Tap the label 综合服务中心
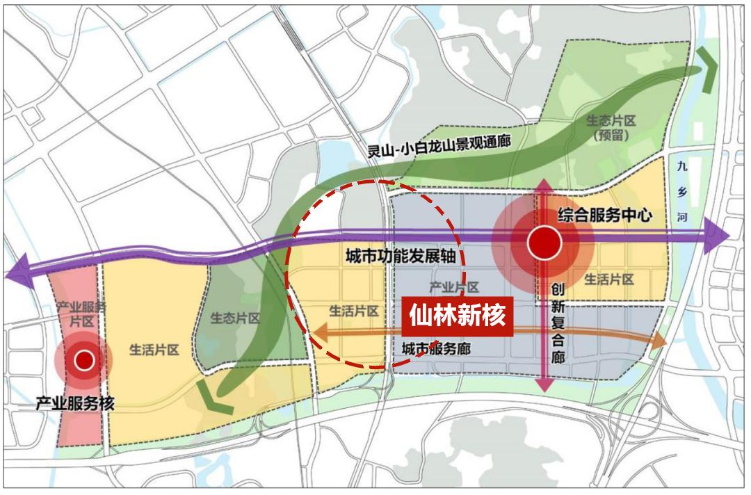(604, 216)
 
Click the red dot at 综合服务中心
(544, 243)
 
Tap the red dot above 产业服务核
(84, 359)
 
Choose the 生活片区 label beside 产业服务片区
(154, 350)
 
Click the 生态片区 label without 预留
(235, 318)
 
